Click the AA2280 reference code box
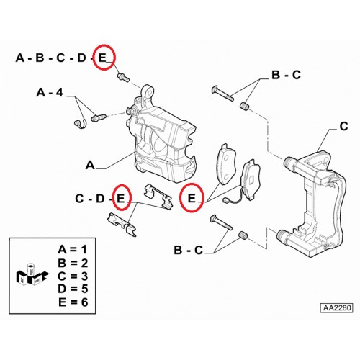(337, 307)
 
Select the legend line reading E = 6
(73, 302)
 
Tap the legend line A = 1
(72, 250)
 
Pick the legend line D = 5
(73, 289)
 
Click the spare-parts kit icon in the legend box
(32, 275)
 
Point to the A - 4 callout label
(50, 93)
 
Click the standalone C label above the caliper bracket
(344, 127)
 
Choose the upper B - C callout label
(286, 75)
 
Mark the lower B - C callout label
(189, 251)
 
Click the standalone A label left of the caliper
(90, 166)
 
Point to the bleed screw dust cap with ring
(79, 124)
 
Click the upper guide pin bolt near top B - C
(222, 94)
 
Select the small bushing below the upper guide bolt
(245, 106)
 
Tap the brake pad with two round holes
(226, 164)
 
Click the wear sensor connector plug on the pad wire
(226, 200)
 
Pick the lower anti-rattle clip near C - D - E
(122, 224)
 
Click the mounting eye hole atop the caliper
(149, 92)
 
